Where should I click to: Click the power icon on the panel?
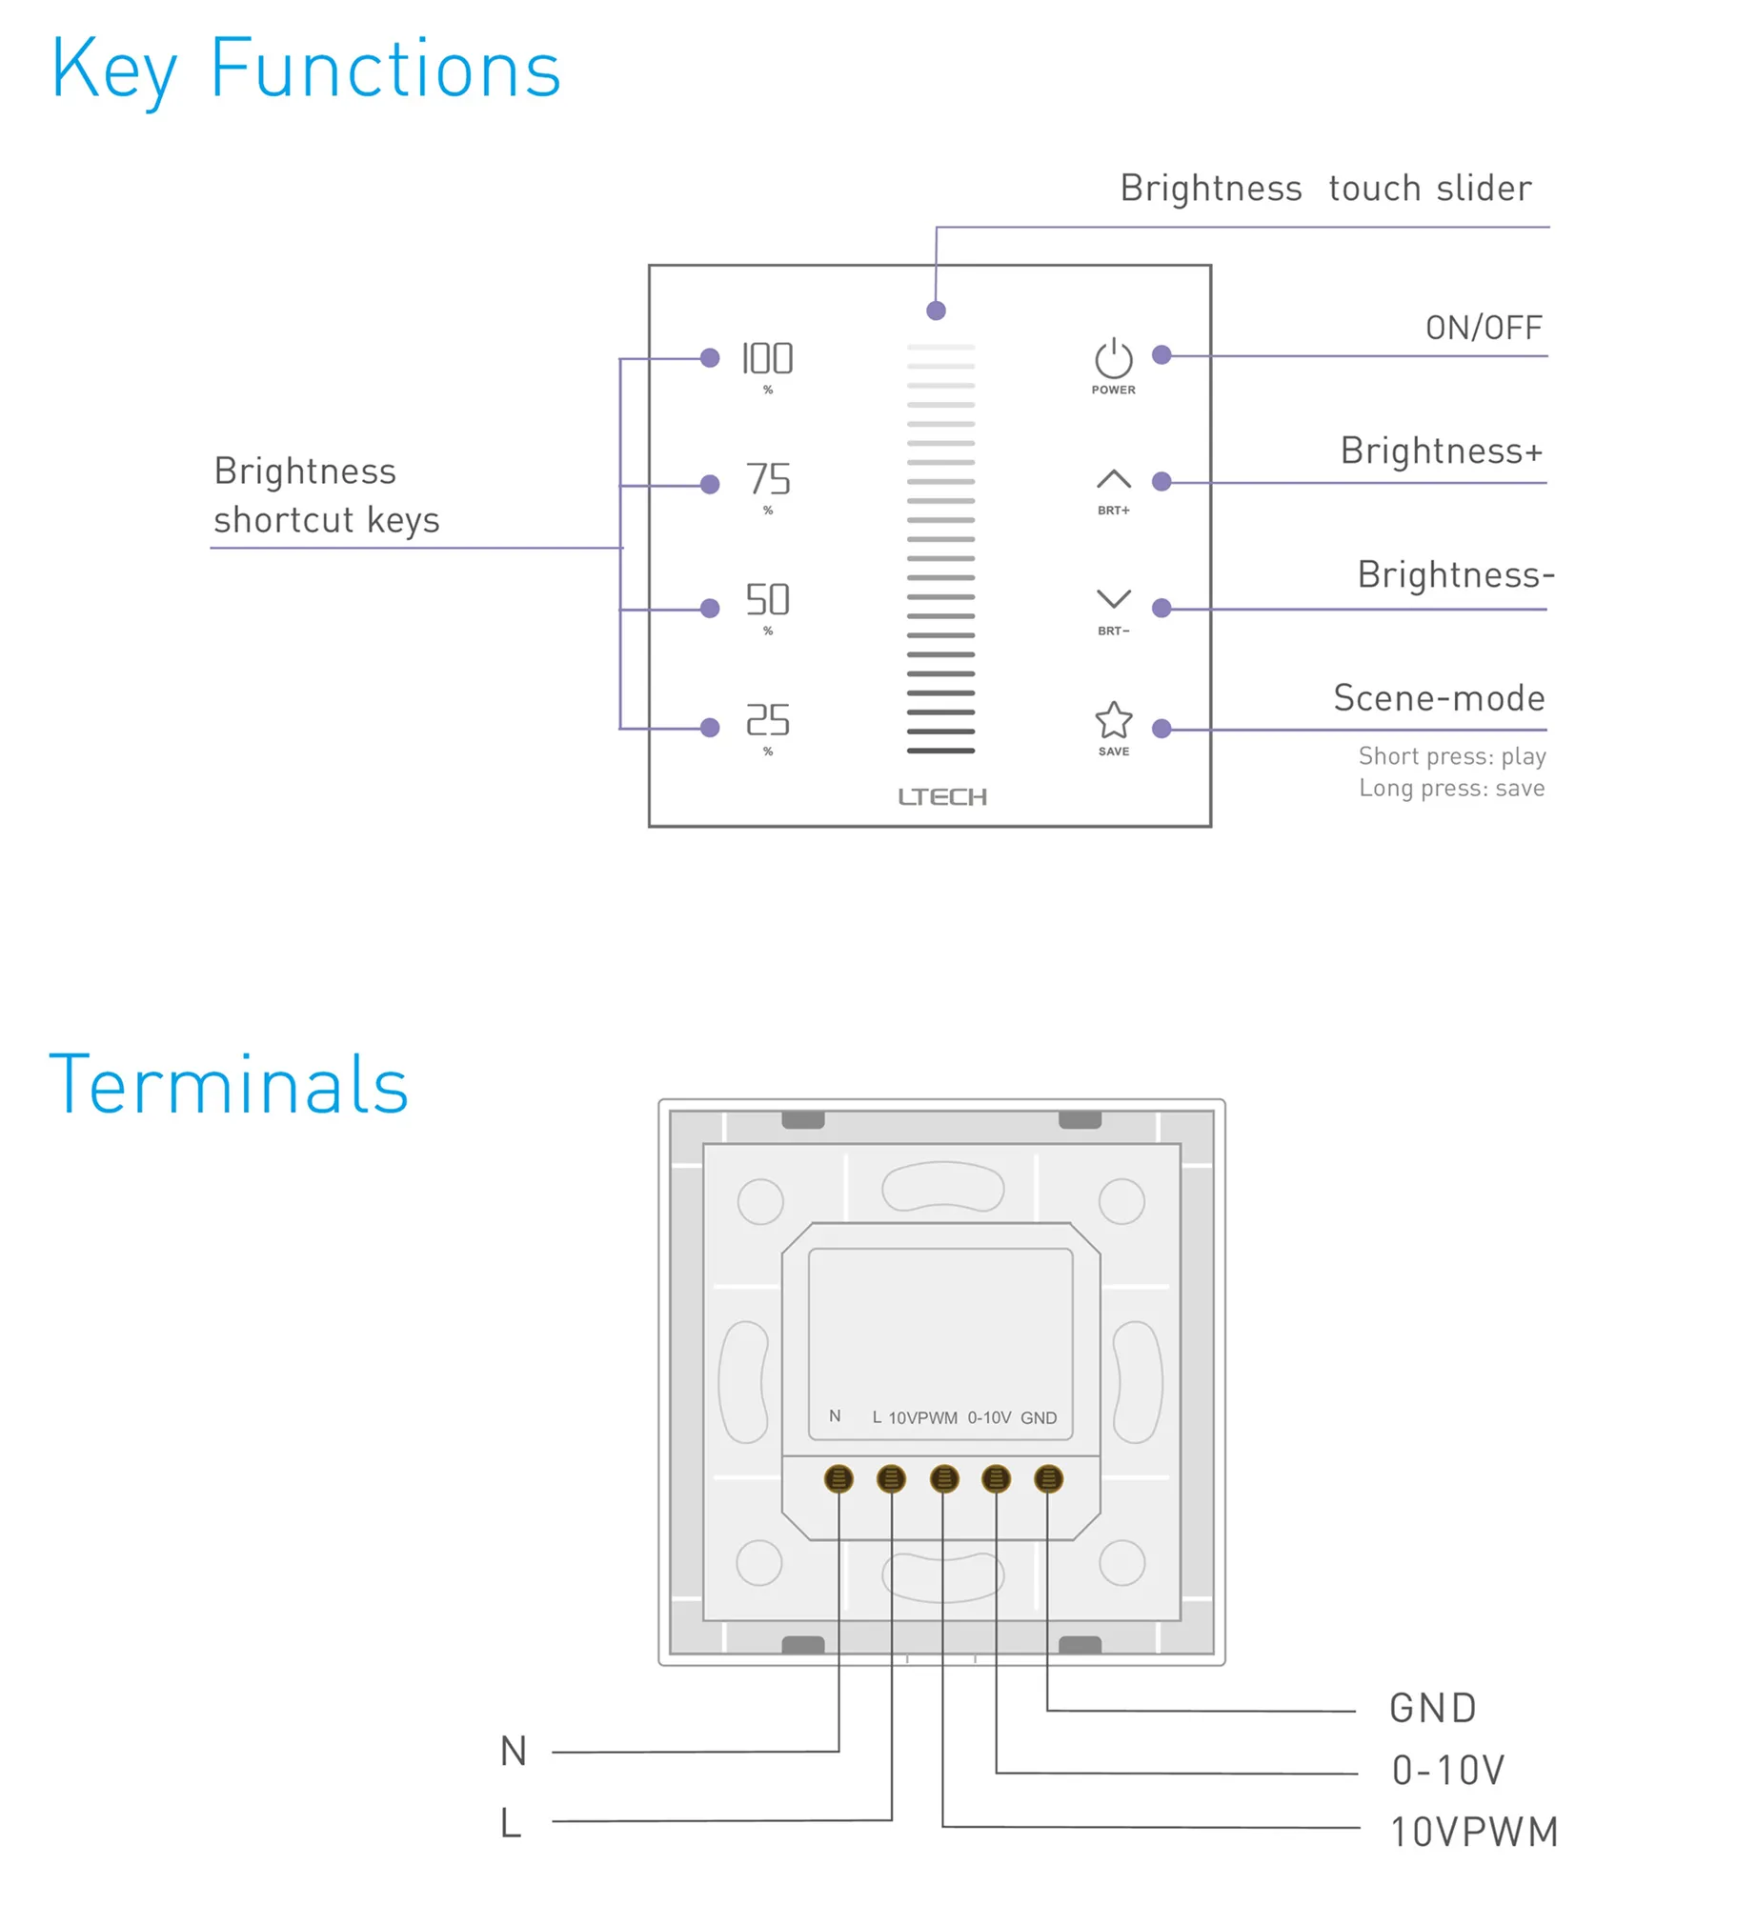1112,359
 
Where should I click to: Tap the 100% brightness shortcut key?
766,359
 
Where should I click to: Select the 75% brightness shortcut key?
767,479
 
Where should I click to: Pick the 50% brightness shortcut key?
767,599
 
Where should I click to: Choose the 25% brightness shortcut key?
767,720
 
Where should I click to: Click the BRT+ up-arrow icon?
1112,478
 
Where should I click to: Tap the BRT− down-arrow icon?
1112,598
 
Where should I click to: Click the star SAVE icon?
1112,720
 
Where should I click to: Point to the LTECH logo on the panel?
941,796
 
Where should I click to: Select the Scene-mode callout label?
1438,698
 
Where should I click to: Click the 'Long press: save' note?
1450,788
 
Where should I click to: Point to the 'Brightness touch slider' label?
1324,189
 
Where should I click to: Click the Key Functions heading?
305,70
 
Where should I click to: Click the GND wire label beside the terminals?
1431,1708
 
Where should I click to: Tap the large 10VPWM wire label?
1473,1831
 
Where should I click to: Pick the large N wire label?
513,1751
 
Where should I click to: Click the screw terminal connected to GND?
1047,1478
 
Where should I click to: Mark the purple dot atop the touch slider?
935,311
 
